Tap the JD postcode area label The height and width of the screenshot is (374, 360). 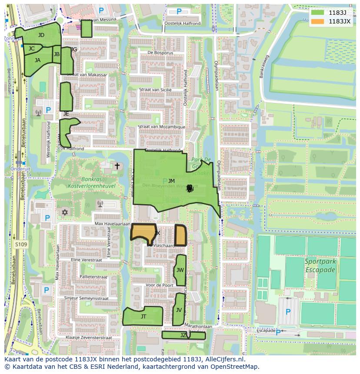pyautogui.click(x=41, y=35)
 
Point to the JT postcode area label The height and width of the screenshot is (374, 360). pyautogui.click(x=143, y=317)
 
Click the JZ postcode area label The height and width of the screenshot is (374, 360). pyautogui.click(x=183, y=335)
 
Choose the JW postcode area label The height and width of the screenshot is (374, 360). pyautogui.click(x=180, y=270)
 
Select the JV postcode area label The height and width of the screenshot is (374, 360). pyautogui.click(x=179, y=310)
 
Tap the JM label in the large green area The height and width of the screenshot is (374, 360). pyautogui.click(x=171, y=181)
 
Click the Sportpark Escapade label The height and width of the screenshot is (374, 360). pyautogui.click(x=320, y=266)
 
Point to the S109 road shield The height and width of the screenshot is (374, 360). pyautogui.click(x=20, y=245)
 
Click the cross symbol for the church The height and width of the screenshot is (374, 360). pyautogui.click(x=117, y=166)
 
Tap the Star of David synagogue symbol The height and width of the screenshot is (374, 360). pyautogui.click(x=66, y=212)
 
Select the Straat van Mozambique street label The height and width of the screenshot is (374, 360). pyautogui.click(x=161, y=127)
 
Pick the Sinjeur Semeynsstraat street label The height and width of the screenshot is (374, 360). pyautogui.click(x=86, y=298)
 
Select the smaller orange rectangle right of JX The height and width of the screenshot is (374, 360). pyautogui.click(x=180, y=235)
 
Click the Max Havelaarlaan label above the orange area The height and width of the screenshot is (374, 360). pyautogui.click(x=112, y=224)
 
